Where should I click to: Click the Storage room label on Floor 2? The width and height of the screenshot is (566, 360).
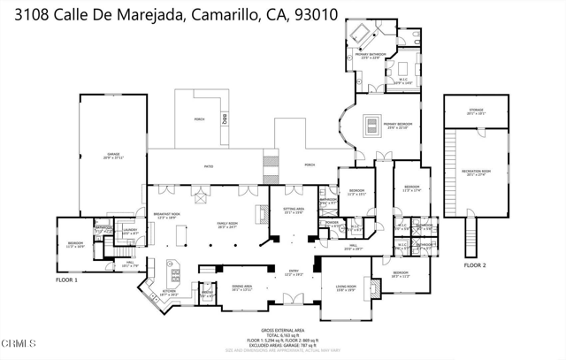click(476, 111)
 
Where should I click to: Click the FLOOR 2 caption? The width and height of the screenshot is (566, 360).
click(476, 264)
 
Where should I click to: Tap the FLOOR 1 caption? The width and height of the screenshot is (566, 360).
click(68, 280)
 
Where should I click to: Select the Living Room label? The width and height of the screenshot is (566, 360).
click(345, 287)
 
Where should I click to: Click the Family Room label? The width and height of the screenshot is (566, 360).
click(228, 224)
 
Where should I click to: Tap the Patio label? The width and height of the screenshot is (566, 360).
click(209, 165)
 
